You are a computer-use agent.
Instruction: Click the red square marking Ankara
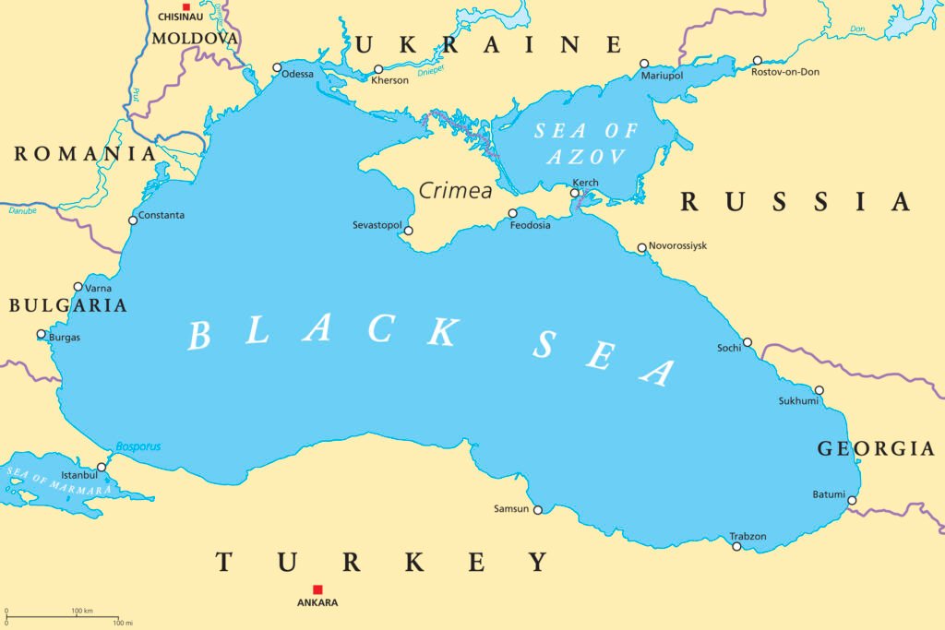pos(317,589)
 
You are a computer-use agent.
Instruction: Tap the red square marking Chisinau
pos(185,6)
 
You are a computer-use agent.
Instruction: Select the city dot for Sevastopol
pos(409,231)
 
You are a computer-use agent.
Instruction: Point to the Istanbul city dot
pos(102,467)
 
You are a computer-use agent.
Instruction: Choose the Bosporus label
pos(138,447)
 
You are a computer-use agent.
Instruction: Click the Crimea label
pos(455,190)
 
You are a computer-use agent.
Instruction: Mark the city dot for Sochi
pos(748,342)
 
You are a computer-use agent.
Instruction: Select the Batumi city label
pos(829,494)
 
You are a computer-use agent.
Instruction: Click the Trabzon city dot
pos(736,546)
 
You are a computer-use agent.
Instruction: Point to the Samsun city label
pos(511,509)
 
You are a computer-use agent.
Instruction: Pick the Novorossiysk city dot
pos(642,247)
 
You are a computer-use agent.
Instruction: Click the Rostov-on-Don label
pos(785,72)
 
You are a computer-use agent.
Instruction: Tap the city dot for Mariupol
pos(644,64)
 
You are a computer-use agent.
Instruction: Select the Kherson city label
pos(389,81)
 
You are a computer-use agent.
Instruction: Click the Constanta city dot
pos(133,220)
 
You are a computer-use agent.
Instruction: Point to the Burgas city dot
pos(41,334)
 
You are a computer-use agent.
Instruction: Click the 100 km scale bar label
pos(82,611)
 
